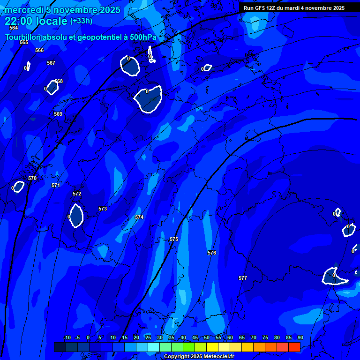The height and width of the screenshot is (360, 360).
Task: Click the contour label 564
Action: (14, 28)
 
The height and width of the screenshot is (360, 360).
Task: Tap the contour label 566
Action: (39, 51)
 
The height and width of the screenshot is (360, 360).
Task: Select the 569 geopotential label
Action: (58, 114)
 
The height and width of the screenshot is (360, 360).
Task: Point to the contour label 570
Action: (32, 179)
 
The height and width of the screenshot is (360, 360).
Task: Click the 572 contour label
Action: (77, 194)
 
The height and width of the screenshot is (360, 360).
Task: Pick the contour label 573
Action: (103, 209)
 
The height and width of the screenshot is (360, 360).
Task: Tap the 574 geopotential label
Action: (139, 217)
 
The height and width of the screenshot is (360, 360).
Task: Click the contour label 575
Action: (174, 240)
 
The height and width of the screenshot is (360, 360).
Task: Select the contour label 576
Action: (212, 253)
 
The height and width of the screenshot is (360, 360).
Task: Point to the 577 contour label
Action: (243, 278)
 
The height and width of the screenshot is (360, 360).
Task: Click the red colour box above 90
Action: (294, 347)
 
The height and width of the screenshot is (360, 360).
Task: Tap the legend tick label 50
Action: (207, 338)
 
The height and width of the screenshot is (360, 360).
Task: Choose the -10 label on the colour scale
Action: (67, 338)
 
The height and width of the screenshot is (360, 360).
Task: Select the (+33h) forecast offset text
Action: (81, 21)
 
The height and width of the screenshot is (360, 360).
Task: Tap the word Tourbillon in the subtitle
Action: (24, 37)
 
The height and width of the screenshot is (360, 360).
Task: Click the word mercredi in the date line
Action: (23, 10)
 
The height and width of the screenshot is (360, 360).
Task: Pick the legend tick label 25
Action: (148, 338)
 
